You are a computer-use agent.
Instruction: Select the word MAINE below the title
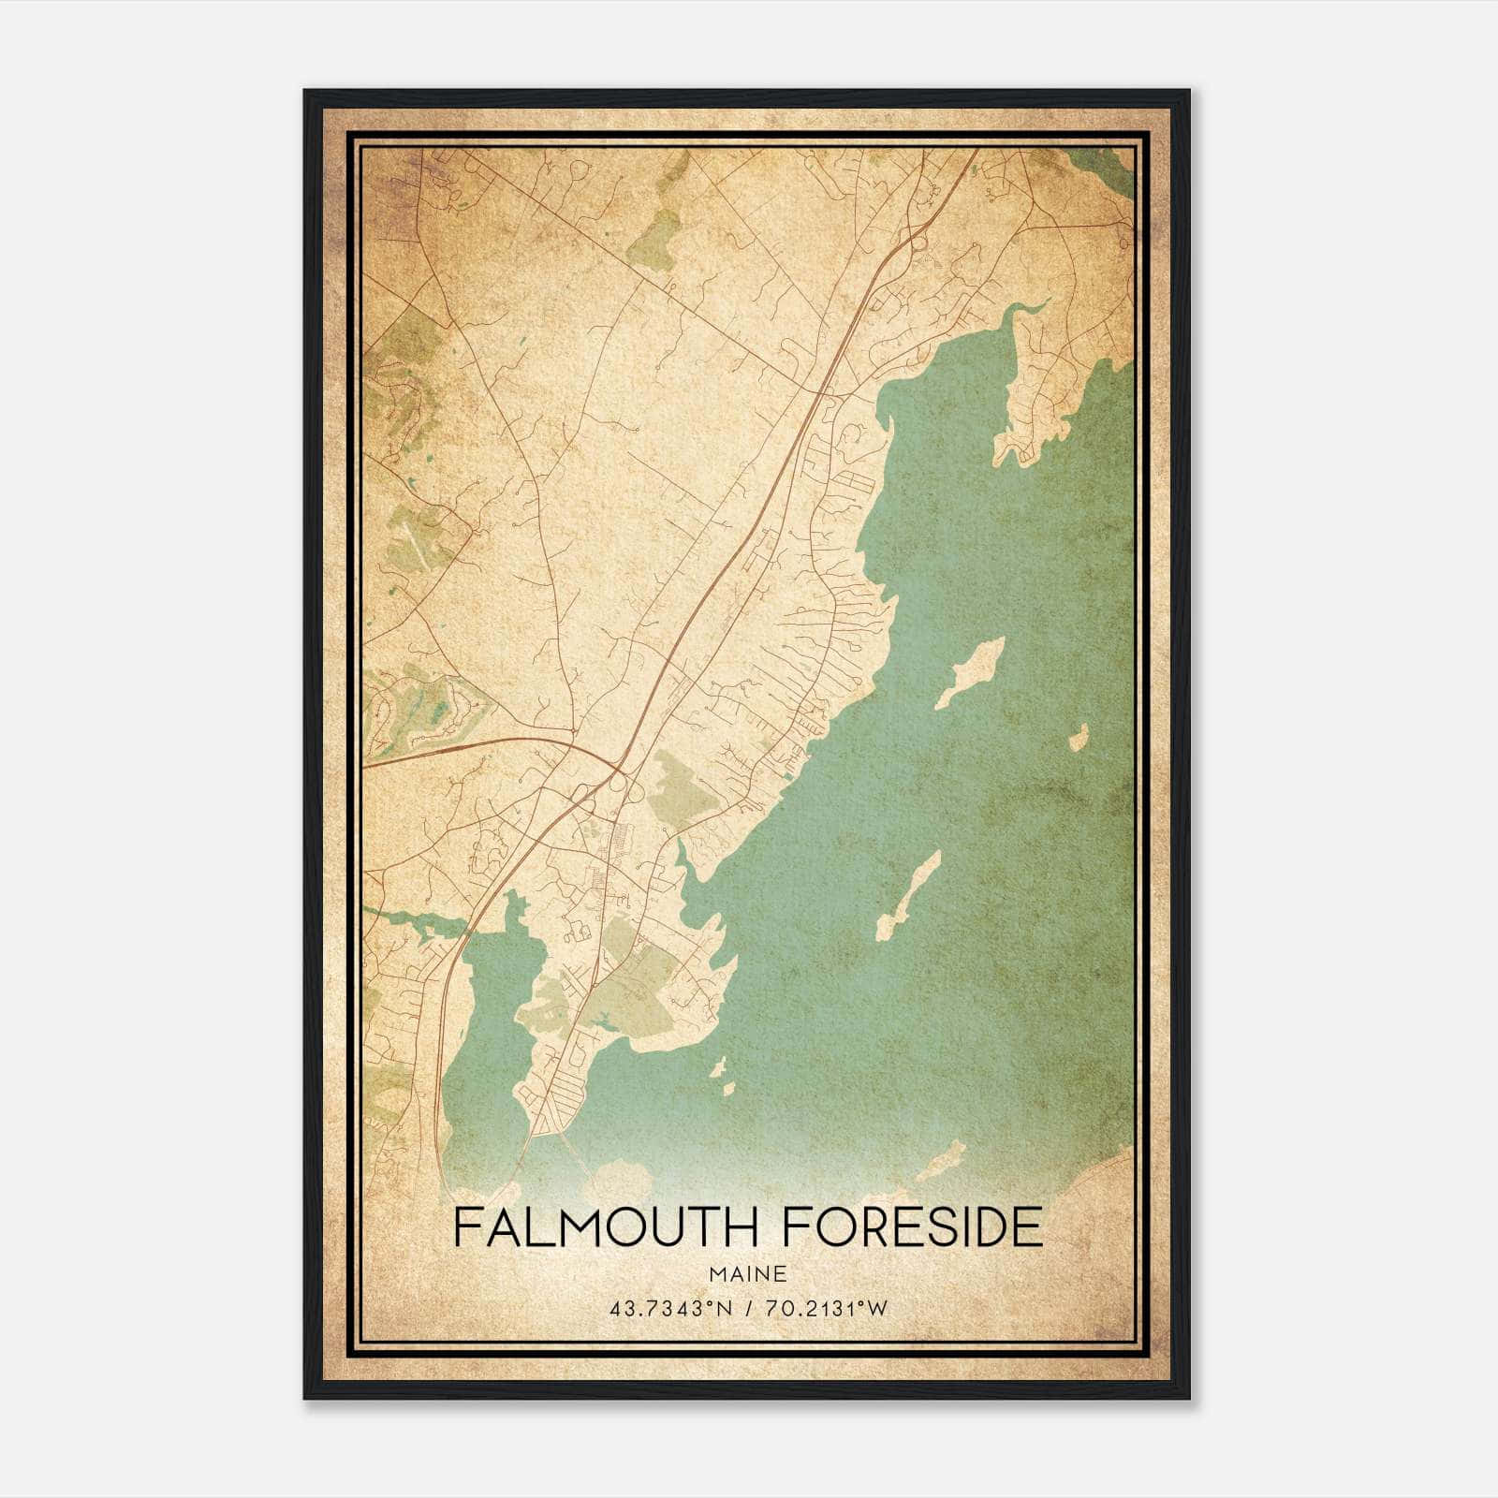pos(747,1273)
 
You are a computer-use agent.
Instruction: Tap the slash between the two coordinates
pos(746,1309)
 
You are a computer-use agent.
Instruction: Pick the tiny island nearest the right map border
pos(1078,737)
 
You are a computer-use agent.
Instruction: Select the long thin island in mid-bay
pos(908,896)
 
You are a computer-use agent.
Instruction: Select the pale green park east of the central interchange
pos(688,791)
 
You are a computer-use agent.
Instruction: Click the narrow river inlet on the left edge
pos(412,922)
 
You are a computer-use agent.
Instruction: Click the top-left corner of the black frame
pos(306,92)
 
